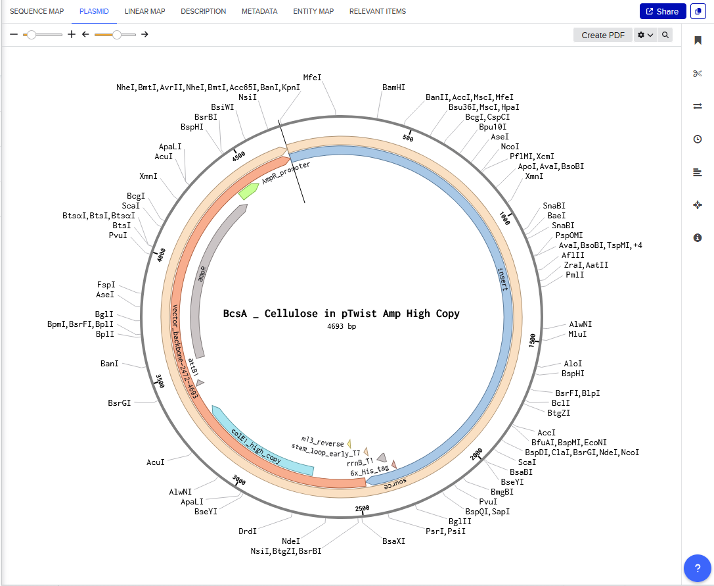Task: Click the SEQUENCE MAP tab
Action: point(37,11)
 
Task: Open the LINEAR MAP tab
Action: point(145,11)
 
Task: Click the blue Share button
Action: point(662,11)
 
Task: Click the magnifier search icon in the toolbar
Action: point(666,35)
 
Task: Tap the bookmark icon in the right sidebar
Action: point(698,41)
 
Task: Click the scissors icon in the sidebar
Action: point(698,73)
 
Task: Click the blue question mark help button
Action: point(698,568)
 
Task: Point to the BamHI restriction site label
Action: point(393,87)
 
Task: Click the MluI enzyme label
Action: point(577,334)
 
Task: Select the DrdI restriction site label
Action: point(247,531)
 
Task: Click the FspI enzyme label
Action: point(106,285)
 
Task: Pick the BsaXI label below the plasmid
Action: point(394,541)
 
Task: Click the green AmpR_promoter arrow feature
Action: point(248,191)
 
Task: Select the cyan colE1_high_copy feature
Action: point(263,441)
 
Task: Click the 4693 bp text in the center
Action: point(342,326)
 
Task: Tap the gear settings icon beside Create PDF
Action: point(646,35)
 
